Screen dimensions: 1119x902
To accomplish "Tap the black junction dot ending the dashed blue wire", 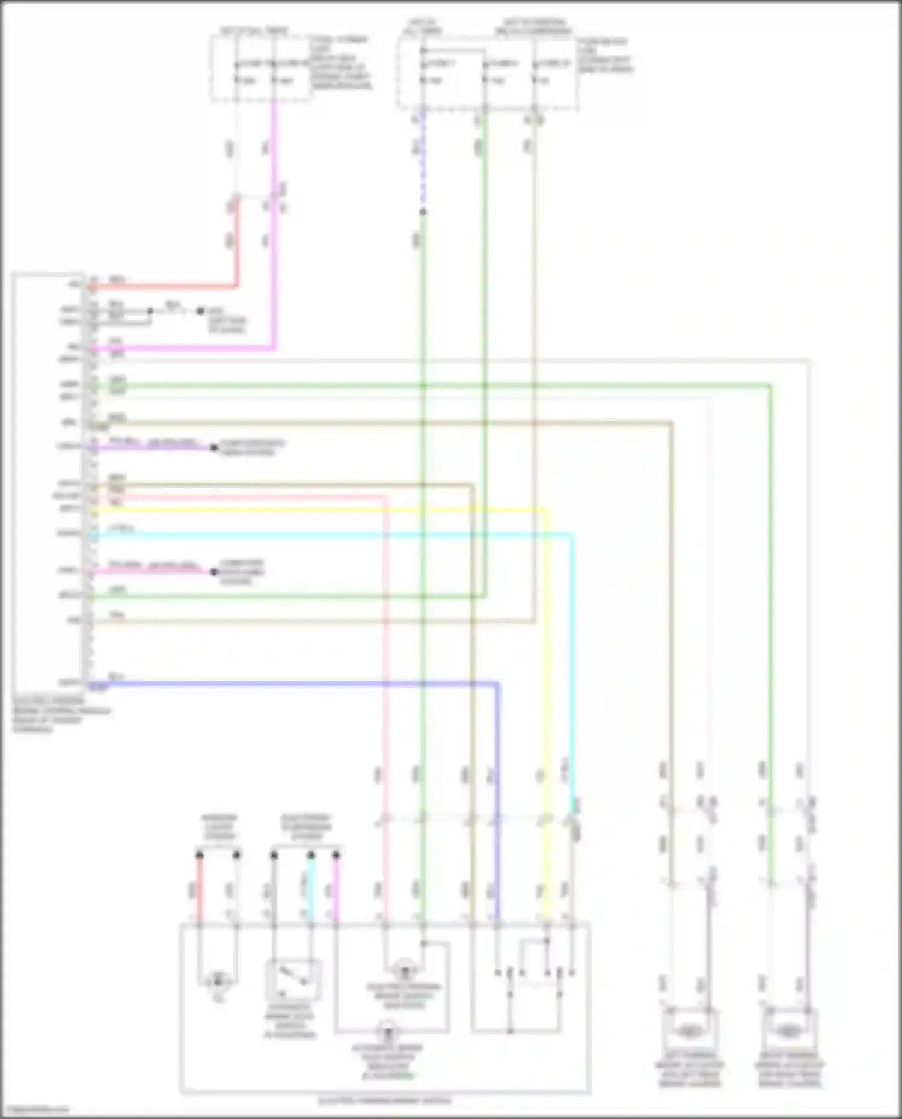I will [423, 212].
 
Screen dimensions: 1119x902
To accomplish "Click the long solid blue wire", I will [301, 683].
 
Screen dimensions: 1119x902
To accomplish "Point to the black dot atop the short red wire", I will [200, 854].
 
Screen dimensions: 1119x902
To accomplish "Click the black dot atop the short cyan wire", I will [311, 854].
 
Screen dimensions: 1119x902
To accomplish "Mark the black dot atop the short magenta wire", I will [336, 854].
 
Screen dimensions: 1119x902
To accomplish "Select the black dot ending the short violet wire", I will [213, 447].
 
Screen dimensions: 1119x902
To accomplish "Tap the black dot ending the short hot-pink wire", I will [213, 571].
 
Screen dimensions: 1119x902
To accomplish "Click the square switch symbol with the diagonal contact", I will [293, 980].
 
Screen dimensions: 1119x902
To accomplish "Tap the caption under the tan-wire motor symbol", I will [689, 1070].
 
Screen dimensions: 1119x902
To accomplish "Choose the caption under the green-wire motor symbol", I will [788, 1070].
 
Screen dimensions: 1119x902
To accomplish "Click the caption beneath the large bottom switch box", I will [385, 1101].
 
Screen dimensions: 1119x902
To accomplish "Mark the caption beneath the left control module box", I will [60, 716].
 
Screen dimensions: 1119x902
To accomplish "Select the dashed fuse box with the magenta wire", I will [260, 68].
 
